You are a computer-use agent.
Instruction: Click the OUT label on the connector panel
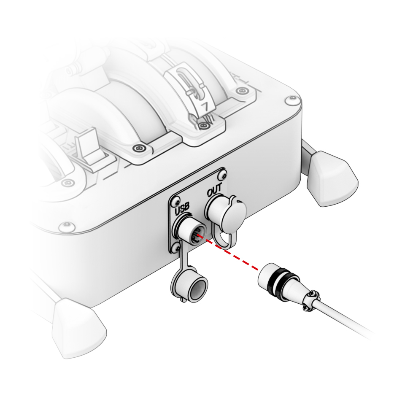pyautogui.click(x=215, y=190)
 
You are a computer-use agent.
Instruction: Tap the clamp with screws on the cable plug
pyautogui.click(x=312, y=299)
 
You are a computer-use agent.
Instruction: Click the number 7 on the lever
pyautogui.click(x=205, y=107)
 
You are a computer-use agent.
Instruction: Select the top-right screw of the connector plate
pyautogui.click(x=222, y=174)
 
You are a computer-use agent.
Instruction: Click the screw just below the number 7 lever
pyautogui.click(x=203, y=126)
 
